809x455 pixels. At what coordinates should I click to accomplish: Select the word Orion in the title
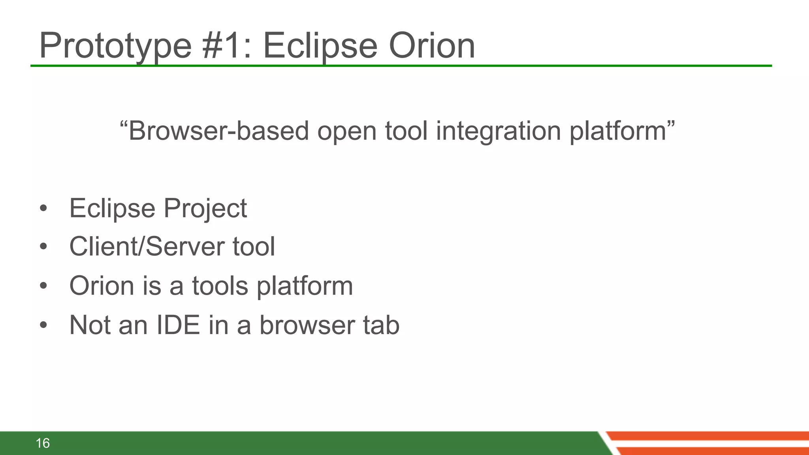click(432, 46)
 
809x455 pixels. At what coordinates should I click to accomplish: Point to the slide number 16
click(43, 443)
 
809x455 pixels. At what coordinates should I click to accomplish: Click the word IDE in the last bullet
click(178, 325)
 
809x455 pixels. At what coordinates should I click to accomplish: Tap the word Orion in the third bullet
click(102, 286)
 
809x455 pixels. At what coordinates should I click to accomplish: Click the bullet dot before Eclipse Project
click(43, 208)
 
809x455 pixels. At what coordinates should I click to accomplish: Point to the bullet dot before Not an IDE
click(43, 325)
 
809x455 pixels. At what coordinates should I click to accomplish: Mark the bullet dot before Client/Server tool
click(43, 246)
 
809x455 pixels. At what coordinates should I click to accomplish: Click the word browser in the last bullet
click(307, 325)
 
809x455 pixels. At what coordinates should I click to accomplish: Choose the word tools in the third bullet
click(220, 286)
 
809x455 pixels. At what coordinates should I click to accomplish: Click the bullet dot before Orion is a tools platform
click(43, 286)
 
